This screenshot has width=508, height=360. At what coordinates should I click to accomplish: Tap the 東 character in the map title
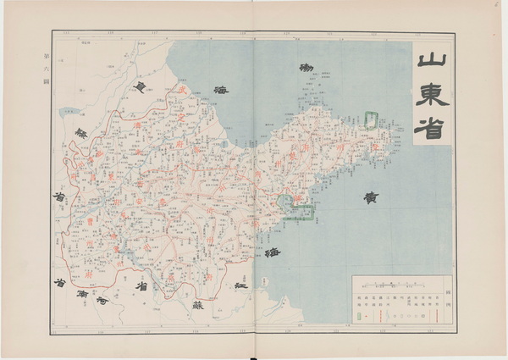tap(433, 96)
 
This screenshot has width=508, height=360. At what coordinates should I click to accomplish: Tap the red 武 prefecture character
tap(180, 91)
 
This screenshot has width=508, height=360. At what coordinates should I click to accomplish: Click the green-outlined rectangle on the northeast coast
tap(371, 121)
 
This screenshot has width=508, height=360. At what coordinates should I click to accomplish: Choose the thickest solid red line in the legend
tap(437, 315)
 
